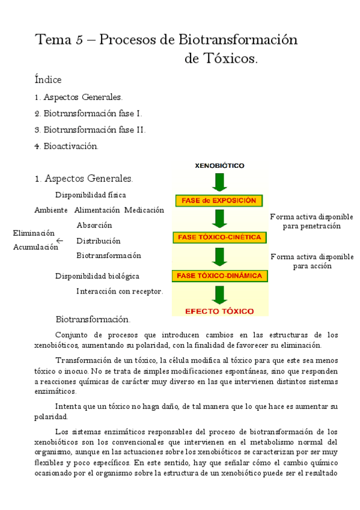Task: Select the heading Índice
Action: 48,79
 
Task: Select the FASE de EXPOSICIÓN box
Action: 219,200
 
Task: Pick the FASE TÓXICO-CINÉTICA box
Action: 219,238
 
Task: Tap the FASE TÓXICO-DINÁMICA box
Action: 219,276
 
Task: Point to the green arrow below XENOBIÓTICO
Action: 219,182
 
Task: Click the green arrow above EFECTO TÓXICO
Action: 219,293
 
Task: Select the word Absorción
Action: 94,226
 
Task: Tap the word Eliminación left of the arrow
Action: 34,233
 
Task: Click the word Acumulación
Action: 35,247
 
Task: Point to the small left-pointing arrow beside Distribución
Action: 59,241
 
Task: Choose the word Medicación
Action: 144,210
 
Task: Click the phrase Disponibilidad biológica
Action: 97,276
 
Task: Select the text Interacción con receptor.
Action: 120,291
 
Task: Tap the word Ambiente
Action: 51,210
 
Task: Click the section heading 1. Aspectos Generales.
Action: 84,179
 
